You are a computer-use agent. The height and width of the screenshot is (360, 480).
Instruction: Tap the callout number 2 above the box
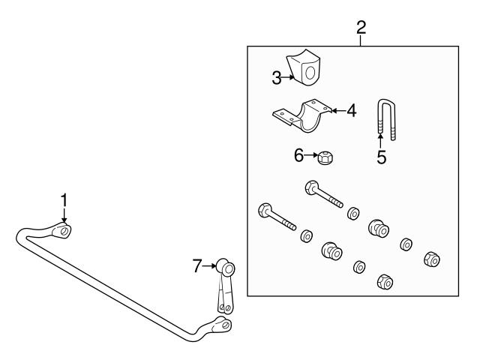(361, 28)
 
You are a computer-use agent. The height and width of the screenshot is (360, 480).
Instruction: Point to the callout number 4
(350, 111)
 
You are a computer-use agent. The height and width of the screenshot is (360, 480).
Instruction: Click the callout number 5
(381, 158)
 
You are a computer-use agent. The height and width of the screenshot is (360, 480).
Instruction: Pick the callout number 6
(299, 155)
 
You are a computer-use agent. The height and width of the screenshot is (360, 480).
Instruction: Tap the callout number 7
(197, 265)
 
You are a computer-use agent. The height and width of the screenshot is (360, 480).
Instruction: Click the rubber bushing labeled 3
(304, 70)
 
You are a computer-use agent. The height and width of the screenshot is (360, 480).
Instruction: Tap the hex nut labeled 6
(325, 157)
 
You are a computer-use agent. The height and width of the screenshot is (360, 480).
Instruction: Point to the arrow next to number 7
(211, 265)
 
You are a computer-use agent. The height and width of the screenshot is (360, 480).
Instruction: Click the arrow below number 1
(64, 217)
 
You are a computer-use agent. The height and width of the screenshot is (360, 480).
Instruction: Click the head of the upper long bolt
(311, 187)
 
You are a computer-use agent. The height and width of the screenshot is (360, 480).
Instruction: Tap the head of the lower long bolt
(264, 210)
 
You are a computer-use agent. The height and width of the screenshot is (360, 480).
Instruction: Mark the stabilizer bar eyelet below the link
(223, 325)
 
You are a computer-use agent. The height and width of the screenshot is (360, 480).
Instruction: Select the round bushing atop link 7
(226, 268)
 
